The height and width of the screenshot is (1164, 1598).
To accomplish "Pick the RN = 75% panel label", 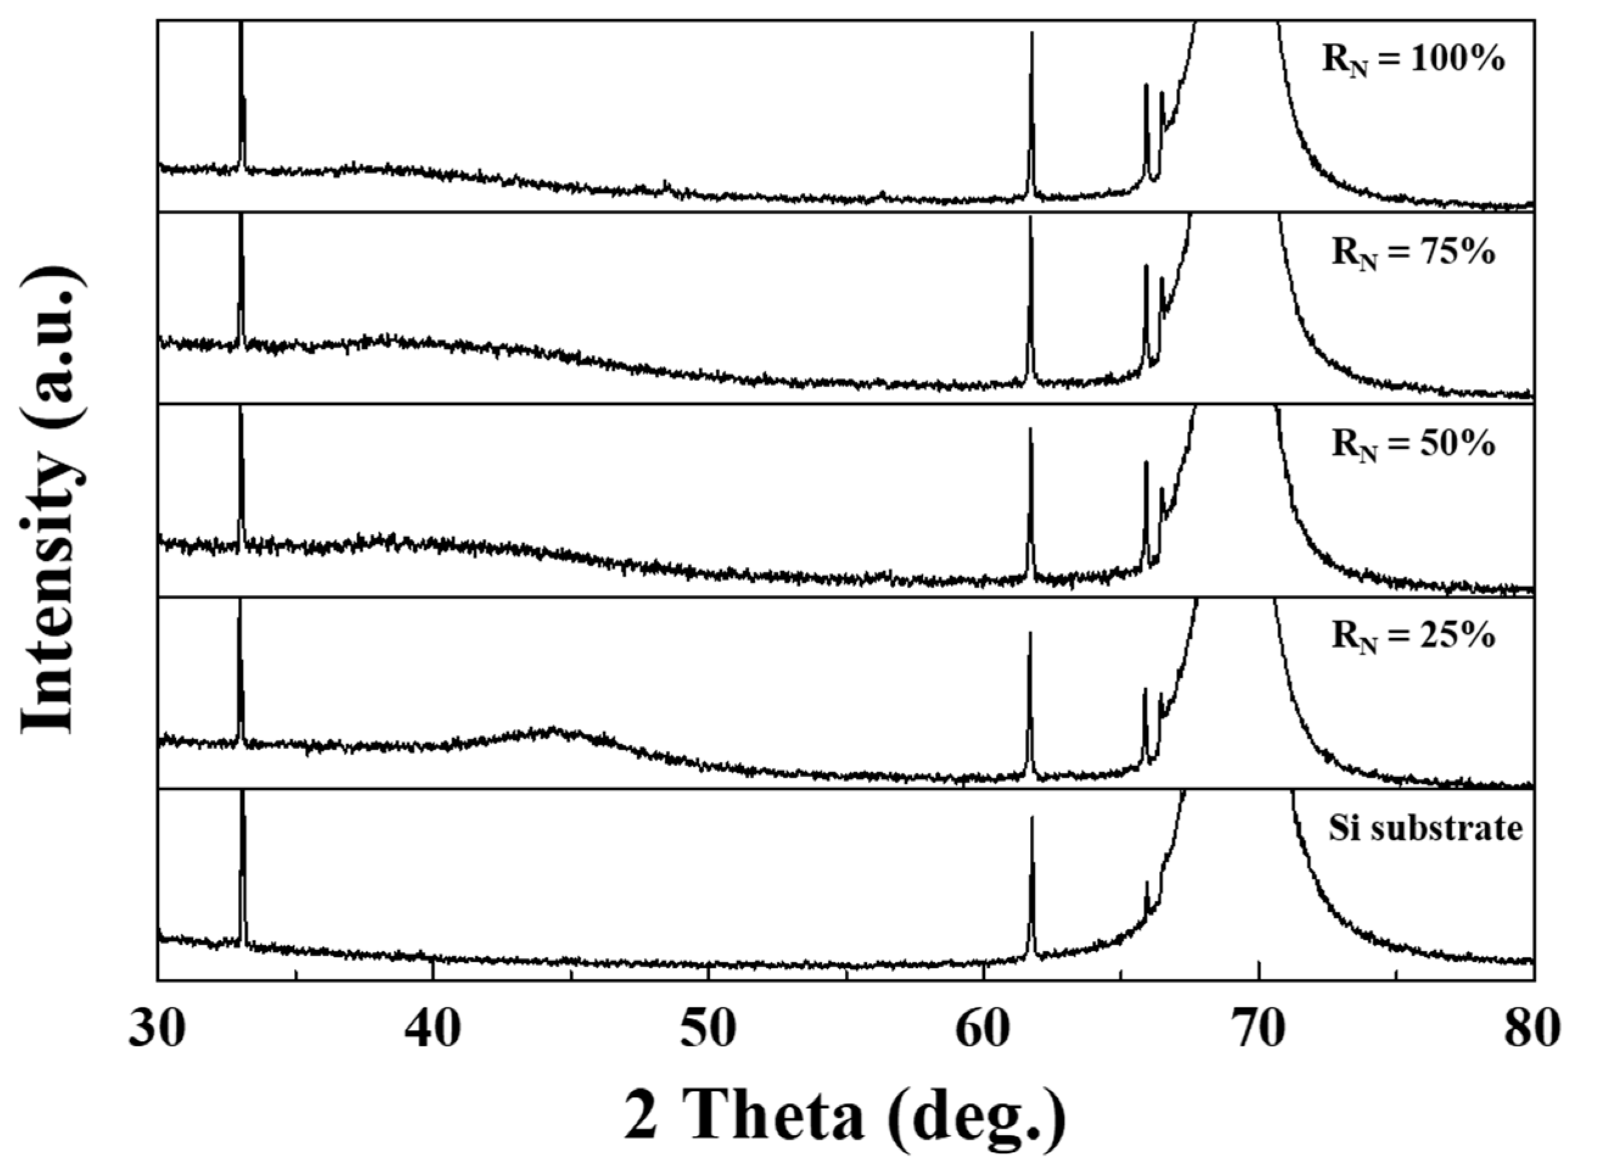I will [1412, 253].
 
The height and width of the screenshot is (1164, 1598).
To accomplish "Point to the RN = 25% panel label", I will [1412, 637].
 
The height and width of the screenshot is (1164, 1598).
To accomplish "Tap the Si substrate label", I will [1425, 829].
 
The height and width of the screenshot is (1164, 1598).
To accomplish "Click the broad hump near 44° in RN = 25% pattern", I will [553, 731].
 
